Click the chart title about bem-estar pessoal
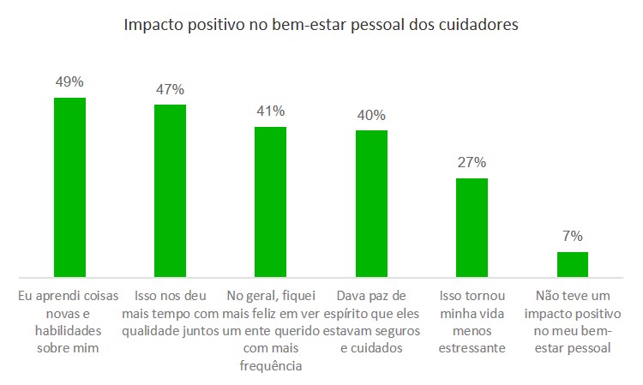pyautogui.click(x=321, y=25)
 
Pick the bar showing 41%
pyautogui.click(x=270, y=202)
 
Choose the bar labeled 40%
pyautogui.click(x=371, y=203)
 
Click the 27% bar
pyautogui.click(x=472, y=227)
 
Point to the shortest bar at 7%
pyautogui.click(x=573, y=264)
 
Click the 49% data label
pyautogui.click(x=69, y=83)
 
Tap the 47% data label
pyautogui.click(x=170, y=89)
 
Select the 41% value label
pyautogui.click(x=270, y=111)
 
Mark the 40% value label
pyautogui.click(x=371, y=115)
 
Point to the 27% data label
pyautogui.click(x=472, y=162)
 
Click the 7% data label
pyautogui.click(x=573, y=236)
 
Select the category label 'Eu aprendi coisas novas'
pyautogui.click(x=69, y=322)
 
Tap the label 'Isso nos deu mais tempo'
pyautogui.click(x=170, y=304)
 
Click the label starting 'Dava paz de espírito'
pyautogui.click(x=371, y=322)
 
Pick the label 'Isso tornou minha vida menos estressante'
pyautogui.click(x=472, y=322)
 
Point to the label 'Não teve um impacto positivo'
pyautogui.click(x=573, y=322)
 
